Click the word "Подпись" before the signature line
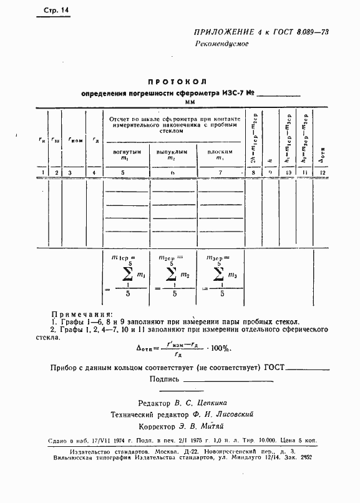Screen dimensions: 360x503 pos(165,379)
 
